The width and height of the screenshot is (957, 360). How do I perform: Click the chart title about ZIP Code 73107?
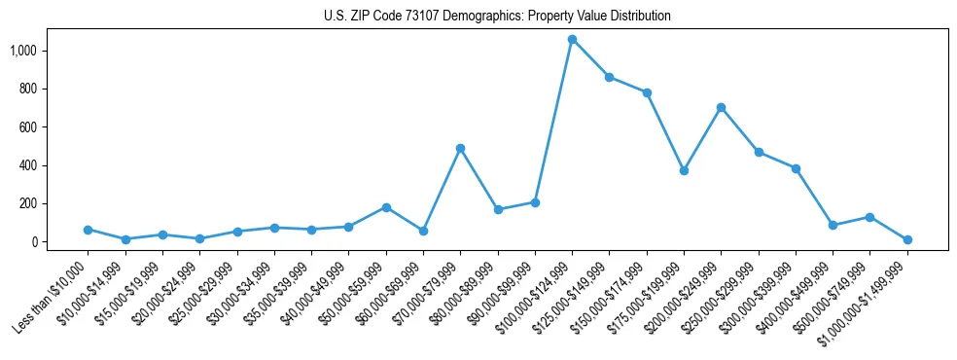[x=497, y=17]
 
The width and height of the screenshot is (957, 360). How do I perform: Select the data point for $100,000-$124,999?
[x=572, y=40]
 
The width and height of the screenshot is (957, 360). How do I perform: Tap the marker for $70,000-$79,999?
[x=460, y=148]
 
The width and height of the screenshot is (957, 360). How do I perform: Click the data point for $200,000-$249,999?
[x=721, y=107]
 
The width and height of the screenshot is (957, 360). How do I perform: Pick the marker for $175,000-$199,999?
[x=684, y=170]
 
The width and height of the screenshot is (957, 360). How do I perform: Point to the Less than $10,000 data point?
[x=88, y=230]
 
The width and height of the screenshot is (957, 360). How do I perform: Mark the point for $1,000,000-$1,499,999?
[x=906, y=239]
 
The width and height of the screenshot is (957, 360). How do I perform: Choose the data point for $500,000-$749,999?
[x=869, y=217]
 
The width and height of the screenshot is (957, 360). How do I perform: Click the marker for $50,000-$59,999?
[x=386, y=207]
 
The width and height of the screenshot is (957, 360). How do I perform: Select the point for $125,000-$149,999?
[x=609, y=77]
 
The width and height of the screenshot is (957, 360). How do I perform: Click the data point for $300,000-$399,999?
[x=796, y=168]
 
